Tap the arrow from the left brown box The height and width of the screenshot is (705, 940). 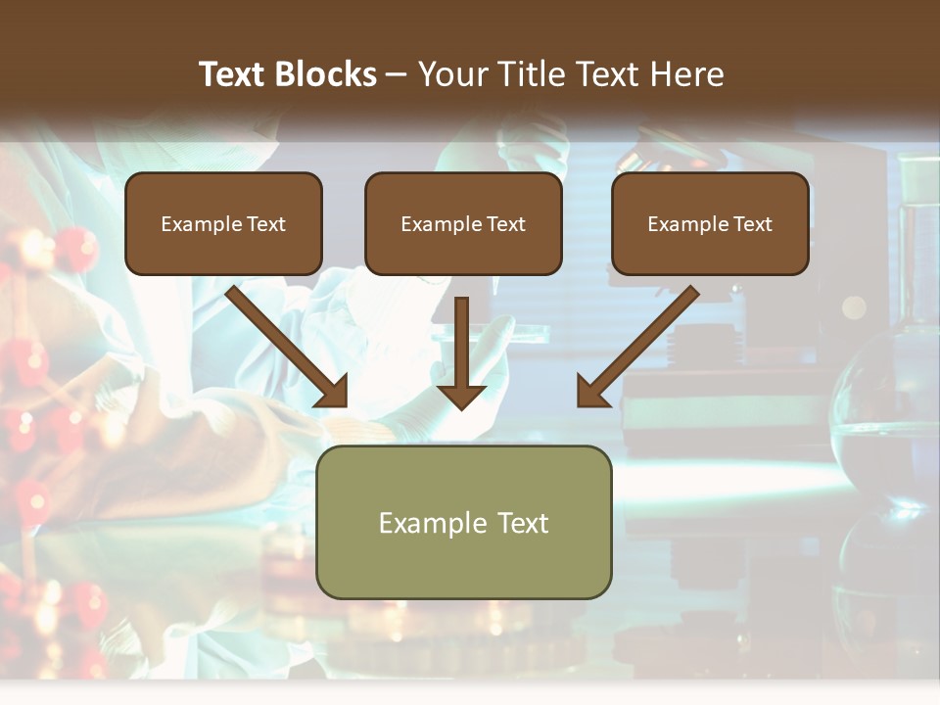tap(284, 344)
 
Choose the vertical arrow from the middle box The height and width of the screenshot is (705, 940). tap(461, 348)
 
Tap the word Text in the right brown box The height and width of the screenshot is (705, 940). tap(753, 224)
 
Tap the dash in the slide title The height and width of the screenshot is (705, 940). tap(397, 74)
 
